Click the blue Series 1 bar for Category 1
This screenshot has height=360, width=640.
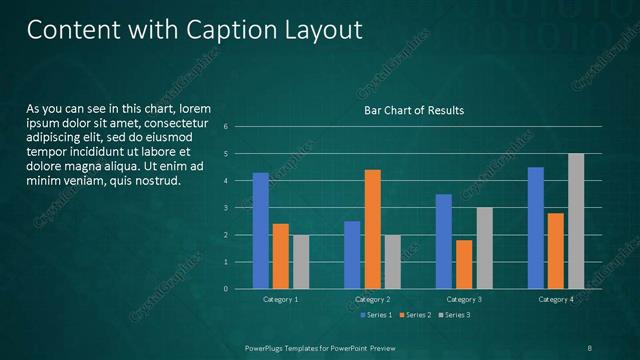tap(261, 231)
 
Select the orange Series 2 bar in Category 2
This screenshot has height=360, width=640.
tap(372, 229)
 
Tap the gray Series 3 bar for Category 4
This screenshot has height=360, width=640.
tap(576, 221)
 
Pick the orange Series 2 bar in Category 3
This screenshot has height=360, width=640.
tap(463, 264)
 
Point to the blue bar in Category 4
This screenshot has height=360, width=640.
tap(536, 228)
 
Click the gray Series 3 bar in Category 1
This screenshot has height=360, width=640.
tap(301, 262)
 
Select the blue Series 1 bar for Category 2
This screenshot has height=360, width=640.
tap(352, 255)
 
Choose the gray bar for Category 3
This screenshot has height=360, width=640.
tap(484, 248)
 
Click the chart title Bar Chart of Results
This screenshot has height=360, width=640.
tap(413, 110)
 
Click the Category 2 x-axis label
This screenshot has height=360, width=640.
tap(372, 299)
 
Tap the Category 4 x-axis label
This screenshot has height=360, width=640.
tap(556, 299)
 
